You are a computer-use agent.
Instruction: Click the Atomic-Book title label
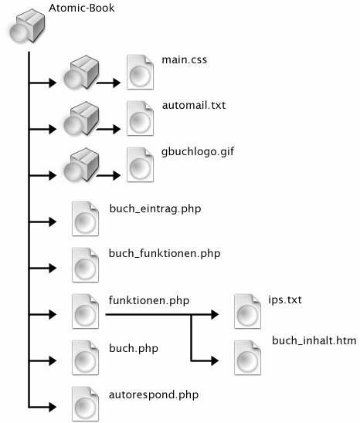tap(82, 8)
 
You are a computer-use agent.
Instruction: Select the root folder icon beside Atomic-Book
tap(27, 25)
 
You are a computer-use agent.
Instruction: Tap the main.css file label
tap(184, 59)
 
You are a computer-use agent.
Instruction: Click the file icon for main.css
tap(140, 72)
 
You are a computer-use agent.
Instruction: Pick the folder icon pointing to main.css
tap(81, 72)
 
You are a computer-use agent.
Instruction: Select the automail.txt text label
tap(194, 105)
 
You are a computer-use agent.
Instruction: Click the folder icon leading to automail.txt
tap(81, 118)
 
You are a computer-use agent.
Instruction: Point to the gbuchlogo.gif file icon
tap(140, 164)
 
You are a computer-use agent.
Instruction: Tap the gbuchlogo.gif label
tap(198, 152)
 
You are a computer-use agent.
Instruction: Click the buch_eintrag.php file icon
tap(85, 218)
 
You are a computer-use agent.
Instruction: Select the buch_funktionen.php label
tap(165, 254)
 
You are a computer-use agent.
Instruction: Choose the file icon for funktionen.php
tap(85, 311)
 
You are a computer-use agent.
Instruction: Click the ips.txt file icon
tap(247, 311)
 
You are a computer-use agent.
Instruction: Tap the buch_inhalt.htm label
tap(314, 340)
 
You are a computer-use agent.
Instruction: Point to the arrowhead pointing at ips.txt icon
tap(215, 314)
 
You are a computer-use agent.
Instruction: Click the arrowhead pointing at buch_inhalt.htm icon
tap(215, 360)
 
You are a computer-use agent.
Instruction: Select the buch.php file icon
tap(85, 357)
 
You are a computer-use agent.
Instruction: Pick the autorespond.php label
tap(154, 395)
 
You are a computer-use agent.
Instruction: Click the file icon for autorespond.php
tap(85, 404)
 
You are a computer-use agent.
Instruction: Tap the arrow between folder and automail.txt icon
tap(108, 129)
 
